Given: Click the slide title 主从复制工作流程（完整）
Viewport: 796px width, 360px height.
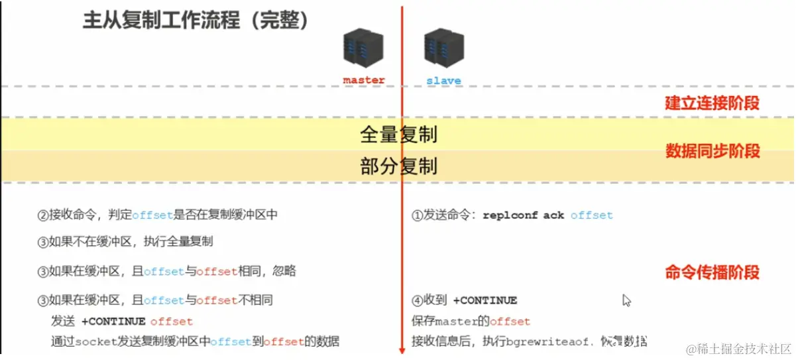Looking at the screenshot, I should [196, 21].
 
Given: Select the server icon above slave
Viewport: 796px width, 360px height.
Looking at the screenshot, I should [443, 46].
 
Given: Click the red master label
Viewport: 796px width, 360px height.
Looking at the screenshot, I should [364, 80].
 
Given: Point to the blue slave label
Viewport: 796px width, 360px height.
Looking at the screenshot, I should [443, 81].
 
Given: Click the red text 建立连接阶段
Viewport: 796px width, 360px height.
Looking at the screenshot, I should [712, 103].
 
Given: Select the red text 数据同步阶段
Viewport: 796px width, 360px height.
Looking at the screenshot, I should [712, 151].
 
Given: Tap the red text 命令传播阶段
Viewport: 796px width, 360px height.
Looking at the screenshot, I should [712, 272].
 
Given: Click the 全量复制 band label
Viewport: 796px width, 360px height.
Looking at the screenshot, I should [398, 135].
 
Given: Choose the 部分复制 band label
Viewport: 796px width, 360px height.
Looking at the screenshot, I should [398, 166].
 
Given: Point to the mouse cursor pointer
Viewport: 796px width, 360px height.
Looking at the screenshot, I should [626, 300].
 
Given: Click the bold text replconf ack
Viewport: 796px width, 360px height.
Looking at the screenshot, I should [524, 215].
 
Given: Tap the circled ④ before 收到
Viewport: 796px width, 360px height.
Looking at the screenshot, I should [418, 301].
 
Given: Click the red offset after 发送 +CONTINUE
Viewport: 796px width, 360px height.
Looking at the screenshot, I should [171, 322].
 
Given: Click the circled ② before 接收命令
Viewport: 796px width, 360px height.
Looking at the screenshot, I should [43, 215].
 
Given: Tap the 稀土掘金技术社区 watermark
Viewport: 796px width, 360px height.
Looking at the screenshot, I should [738, 348].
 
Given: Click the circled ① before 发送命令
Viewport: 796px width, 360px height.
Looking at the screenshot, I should [418, 215].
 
